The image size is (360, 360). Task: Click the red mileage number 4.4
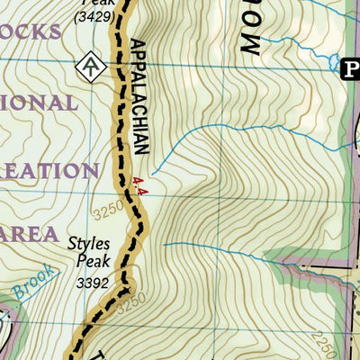[138, 184]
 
